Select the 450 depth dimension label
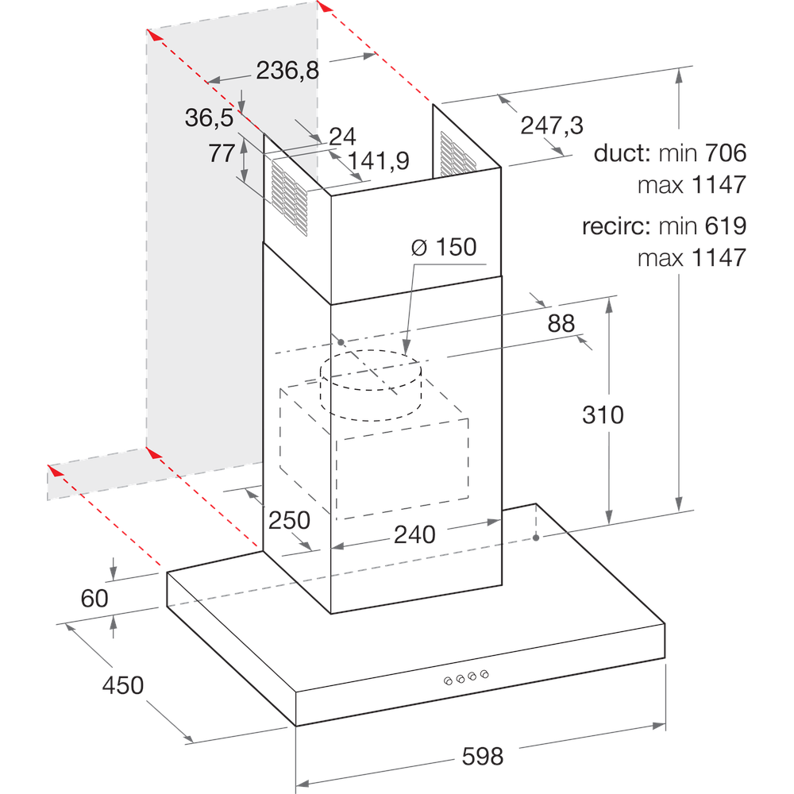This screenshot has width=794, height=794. [x=123, y=684]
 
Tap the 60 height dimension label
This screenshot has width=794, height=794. [x=94, y=598]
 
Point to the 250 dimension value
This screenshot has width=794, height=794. [x=289, y=520]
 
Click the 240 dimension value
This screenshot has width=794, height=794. [x=415, y=535]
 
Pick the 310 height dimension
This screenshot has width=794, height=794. [x=603, y=414]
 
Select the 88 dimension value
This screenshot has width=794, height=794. [x=561, y=322]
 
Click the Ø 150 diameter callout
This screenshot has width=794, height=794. [x=444, y=247]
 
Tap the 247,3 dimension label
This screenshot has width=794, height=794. [x=552, y=125]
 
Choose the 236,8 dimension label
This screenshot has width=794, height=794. [x=287, y=71]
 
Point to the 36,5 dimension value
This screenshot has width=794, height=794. [x=209, y=118]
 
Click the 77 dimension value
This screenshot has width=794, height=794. [x=222, y=153]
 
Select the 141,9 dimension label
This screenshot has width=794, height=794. [x=378, y=161]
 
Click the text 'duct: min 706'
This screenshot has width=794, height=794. [x=670, y=152]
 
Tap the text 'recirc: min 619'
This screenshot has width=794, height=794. [x=664, y=226]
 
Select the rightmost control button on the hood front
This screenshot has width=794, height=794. [x=484, y=675]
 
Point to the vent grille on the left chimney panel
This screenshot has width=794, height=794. [x=290, y=198]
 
